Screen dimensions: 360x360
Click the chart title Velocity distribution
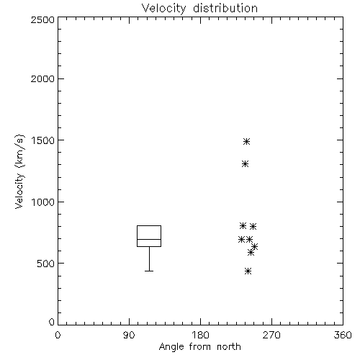click(199, 9)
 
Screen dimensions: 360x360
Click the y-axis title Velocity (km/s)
click(19, 171)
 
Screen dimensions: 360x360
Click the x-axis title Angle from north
click(199, 347)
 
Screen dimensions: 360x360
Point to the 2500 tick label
click(42, 19)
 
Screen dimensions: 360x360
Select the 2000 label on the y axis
click(42, 78)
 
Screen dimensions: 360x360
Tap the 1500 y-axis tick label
click(43, 140)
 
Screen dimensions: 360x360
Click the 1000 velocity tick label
click(43, 202)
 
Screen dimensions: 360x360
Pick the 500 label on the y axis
click(46, 264)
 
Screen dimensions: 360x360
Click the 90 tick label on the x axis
click(129, 335)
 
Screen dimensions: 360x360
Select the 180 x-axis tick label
click(200, 335)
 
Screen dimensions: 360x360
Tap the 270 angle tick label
click(271, 335)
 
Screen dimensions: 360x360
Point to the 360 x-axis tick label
click(343, 335)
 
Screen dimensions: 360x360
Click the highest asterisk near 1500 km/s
click(246, 142)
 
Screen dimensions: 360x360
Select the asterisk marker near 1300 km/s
click(245, 164)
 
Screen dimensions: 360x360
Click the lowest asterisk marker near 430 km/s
click(248, 271)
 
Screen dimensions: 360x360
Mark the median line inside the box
click(149, 239)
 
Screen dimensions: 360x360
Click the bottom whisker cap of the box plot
click(149, 271)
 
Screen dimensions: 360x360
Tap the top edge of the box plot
click(149, 225)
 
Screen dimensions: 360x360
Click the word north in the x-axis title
click(229, 347)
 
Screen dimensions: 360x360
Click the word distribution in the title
click(225, 9)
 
